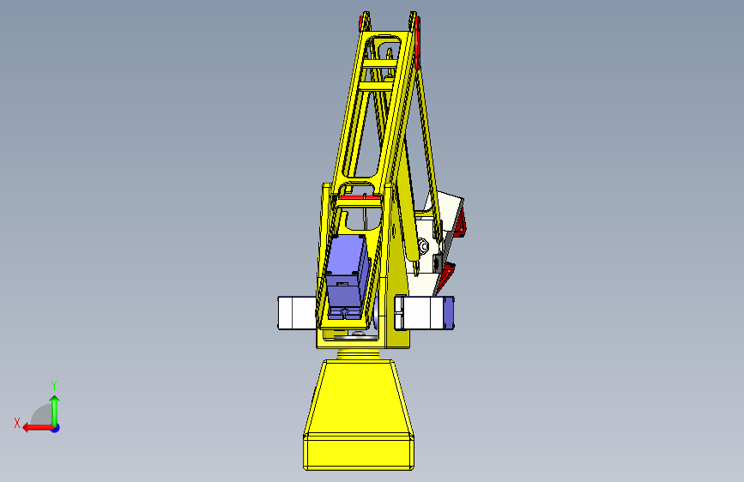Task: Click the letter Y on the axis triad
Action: click(x=54, y=385)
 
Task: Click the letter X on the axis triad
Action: click(x=17, y=423)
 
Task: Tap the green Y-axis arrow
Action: click(x=55, y=411)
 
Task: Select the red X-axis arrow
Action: click(x=38, y=428)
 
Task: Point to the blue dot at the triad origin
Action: click(x=56, y=428)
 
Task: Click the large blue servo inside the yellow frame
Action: click(x=348, y=276)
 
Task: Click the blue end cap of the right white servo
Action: click(x=449, y=313)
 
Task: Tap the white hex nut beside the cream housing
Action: click(x=423, y=246)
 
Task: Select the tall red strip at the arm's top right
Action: click(x=418, y=43)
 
